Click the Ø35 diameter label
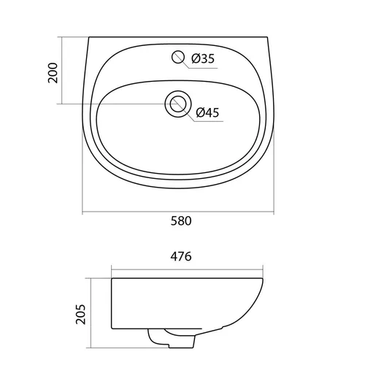point(203,58)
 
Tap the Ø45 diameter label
point(207,112)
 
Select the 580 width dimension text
point(181,221)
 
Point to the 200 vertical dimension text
point(53,73)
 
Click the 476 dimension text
point(181,256)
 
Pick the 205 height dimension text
point(80,314)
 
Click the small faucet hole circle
point(178,57)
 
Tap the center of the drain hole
point(178,104)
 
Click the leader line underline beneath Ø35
point(204,69)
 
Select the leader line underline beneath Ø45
point(209,121)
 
